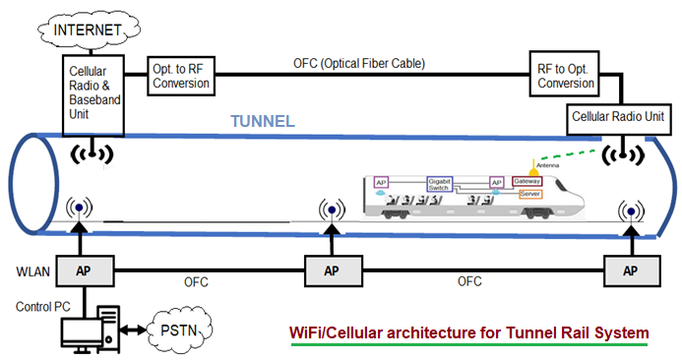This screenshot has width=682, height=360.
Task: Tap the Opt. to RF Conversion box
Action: click(179, 75)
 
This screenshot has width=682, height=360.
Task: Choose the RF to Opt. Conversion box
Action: click(565, 75)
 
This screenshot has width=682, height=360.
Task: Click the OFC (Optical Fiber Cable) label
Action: click(359, 64)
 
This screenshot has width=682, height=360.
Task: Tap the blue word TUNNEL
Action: click(262, 121)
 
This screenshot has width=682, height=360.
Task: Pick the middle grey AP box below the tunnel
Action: click(331, 270)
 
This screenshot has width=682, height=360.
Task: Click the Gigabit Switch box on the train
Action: click(439, 183)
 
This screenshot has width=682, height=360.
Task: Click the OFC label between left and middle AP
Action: click(196, 282)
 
